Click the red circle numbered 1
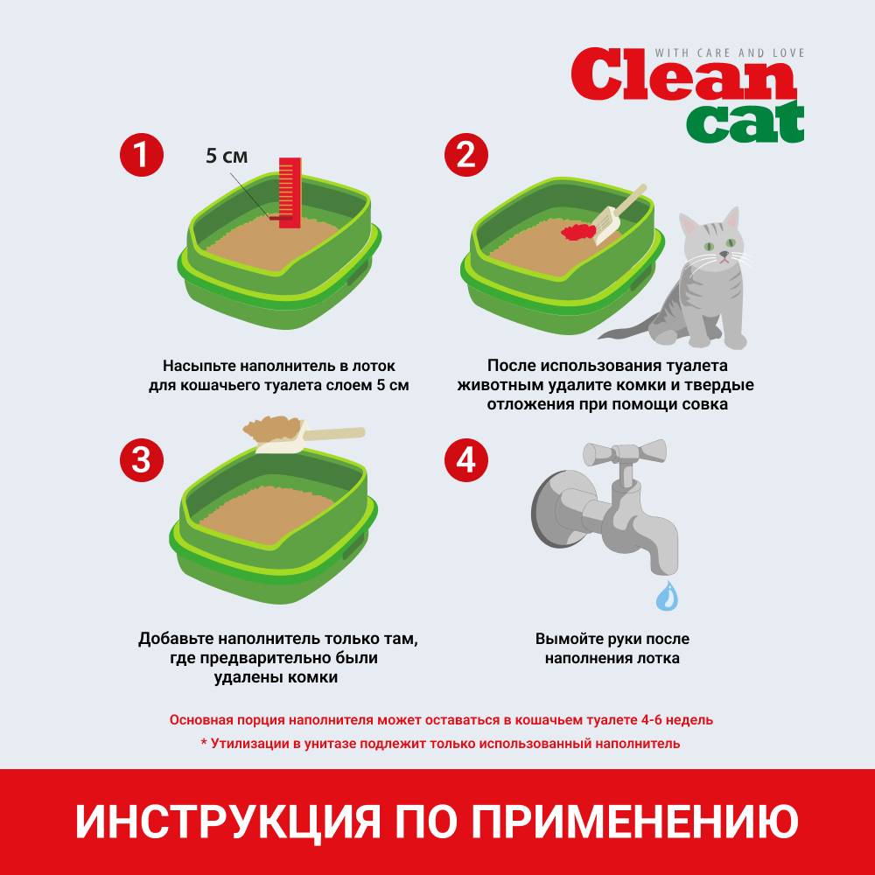(x=142, y=155)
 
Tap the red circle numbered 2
(x=466, y=155)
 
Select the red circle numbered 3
(x=142, y=460)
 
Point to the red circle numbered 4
(x=466, y=460)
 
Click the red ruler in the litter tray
(x=290, y=192)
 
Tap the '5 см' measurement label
(x=227, y=156)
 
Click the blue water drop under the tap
(x=668, y=596)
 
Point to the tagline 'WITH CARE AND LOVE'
(x=730, y=53)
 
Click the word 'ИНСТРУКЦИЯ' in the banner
(x=228, y=821)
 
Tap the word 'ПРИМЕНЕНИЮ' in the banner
(x=634, y=821)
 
